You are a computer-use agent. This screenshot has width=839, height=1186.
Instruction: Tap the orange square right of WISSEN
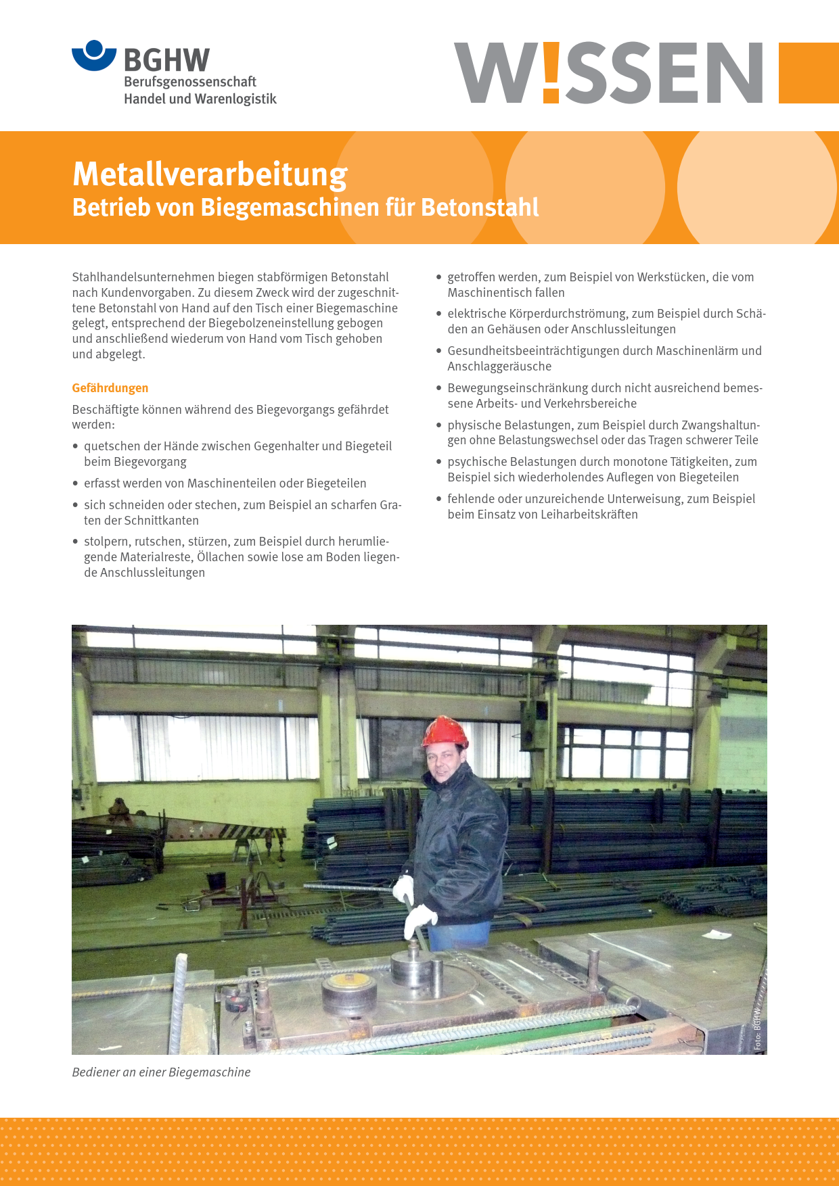pos(808,73)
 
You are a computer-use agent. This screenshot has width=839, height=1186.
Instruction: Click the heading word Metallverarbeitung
pos(210,174)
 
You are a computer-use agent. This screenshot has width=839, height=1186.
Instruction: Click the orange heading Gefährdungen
pos(110,388)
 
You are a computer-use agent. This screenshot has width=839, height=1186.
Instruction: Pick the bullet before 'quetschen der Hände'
pos(76,446)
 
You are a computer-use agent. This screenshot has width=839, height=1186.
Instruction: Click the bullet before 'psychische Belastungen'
pos(439,462)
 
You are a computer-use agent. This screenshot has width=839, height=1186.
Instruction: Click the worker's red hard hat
pos(445,732)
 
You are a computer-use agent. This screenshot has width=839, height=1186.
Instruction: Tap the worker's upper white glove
pos(404,888)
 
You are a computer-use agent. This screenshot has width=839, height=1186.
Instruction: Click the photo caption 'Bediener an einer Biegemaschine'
pos(161,1072)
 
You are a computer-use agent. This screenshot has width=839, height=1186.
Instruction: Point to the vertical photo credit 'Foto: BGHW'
pos(757,1028)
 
